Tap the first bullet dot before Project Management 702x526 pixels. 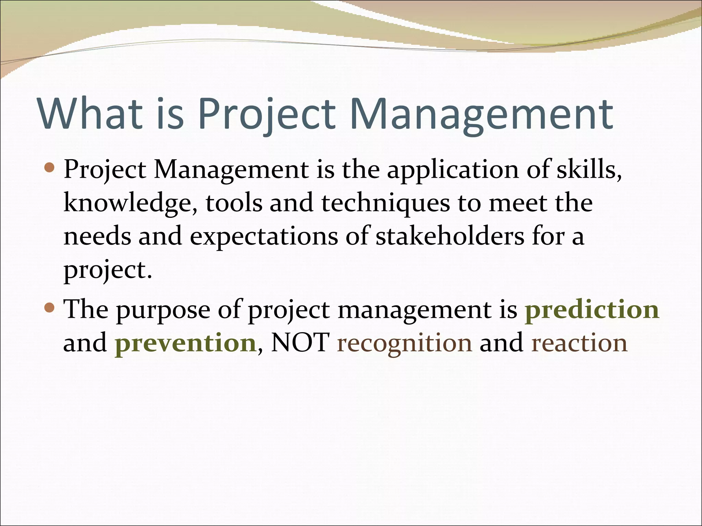pyautogui.click(x=50, y=167)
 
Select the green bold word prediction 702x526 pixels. pyautogui.click(x=592, y=310)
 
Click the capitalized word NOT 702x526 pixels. pyautogui.click(x=300, y=342)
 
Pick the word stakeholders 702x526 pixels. pyautogui.click(x=450, y=236)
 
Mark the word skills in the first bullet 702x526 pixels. pyautogui.click(x=588, y=170)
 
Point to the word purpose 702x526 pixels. pyautogui.click(x=163, y=310)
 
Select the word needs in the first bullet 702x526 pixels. pyautogui.click(x=97, y=236)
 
